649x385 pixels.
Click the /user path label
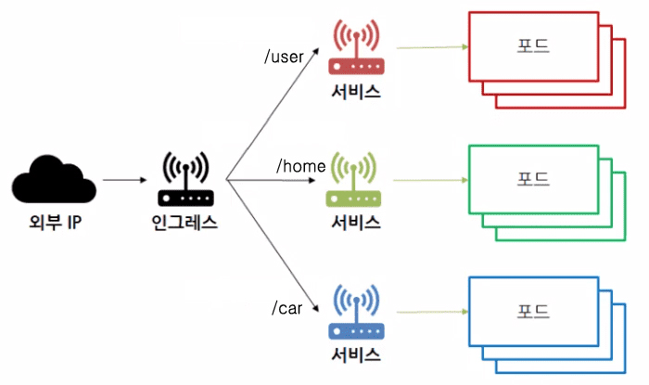click(x=286, y=58)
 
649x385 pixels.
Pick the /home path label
click(x=301, y=166)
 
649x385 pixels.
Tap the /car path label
click(x=286, y=308)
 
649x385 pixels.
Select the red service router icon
click(x=355, y=49)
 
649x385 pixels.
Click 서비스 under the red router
click(x=355, y=92)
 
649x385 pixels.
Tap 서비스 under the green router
click(x=355, y=223)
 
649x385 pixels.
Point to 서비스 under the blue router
click(x=355, y=355)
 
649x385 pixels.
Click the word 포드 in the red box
click(x=533, y=45)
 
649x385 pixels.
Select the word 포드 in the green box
click(x=533, y=177)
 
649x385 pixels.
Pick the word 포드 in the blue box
click(x=533, y=311)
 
